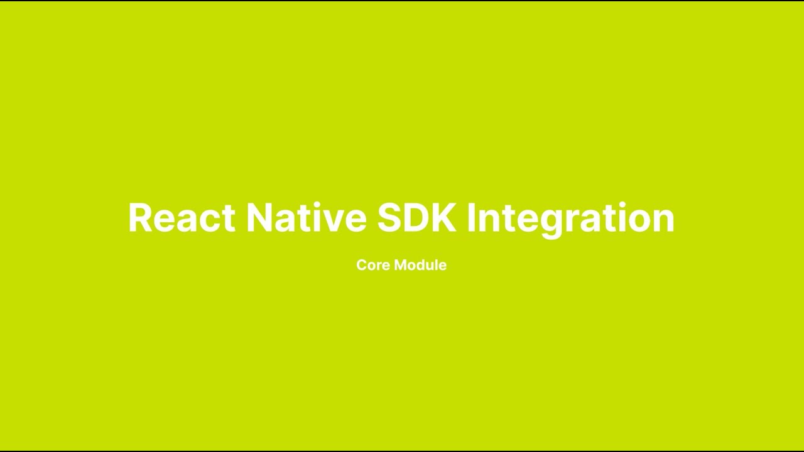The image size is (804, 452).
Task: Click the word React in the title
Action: click(181, 218)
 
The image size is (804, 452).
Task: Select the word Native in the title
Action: click(306, 218)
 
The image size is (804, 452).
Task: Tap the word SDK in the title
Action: click(416, 218)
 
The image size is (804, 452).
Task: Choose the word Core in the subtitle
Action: click(373, 265)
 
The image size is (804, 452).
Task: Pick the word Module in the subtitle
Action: click(420, 265)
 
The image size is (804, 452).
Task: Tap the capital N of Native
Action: click(260, 218)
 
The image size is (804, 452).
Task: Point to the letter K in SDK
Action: click(443, 218)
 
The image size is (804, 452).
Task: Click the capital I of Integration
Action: click(470, 218)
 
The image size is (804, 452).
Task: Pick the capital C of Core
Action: click(362, 265)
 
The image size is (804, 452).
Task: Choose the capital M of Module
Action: click(401, 265)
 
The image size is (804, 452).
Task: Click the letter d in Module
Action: click(423, 265)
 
